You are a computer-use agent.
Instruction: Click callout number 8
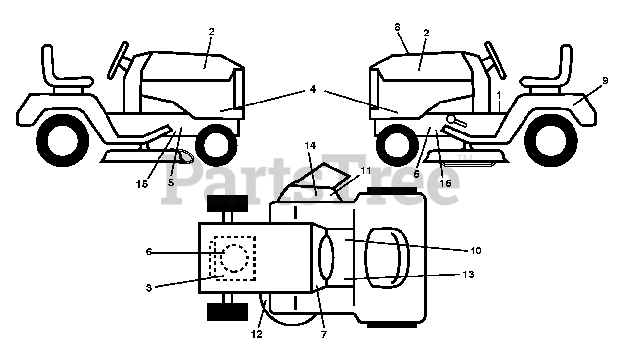coord(397,27)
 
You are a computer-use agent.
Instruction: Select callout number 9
coord(605,80)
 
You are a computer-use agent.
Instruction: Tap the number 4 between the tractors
coord(313,89)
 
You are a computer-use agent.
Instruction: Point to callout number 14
coord(310,146)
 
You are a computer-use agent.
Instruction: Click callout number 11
coord(365,171)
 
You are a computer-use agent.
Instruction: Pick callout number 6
coord(149,252)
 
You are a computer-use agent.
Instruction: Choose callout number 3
coord(149,288)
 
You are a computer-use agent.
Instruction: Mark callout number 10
coord(475,251)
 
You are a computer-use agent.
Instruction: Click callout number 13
coord(468,274)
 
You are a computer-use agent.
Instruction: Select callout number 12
coord(257,334)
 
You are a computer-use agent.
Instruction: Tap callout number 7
coord(324,334)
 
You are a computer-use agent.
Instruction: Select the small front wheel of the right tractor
coord(395,147)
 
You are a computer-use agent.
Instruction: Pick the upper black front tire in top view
coord(227,203)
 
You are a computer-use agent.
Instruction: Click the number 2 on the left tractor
coord(211,32)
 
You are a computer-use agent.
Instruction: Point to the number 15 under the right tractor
coord(446,183)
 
